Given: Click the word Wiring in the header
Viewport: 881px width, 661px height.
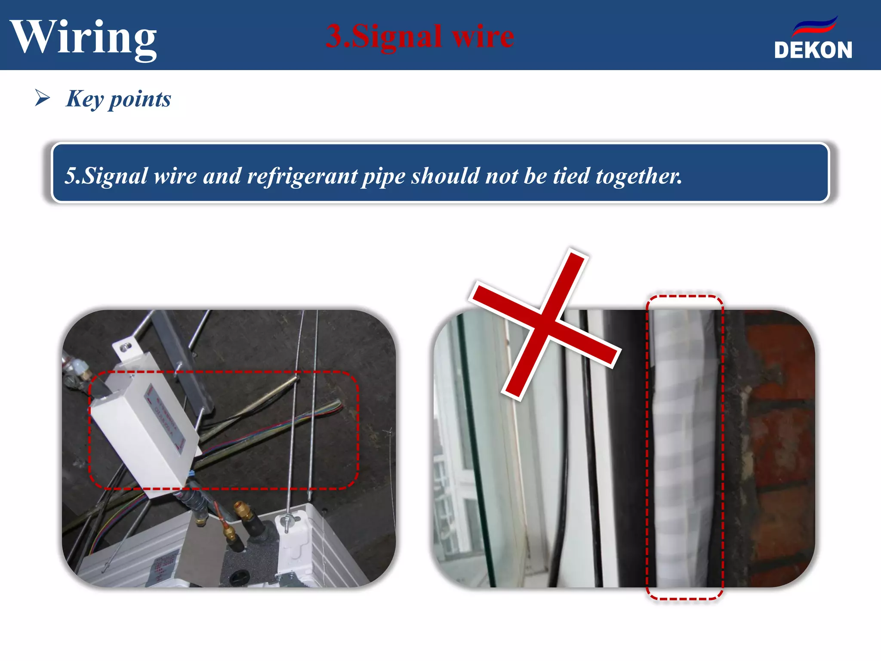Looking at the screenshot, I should click(84, 38).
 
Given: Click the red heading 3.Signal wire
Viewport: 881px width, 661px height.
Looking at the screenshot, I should click(420, 36).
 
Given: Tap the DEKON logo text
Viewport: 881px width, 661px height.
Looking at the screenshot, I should click(813, 50).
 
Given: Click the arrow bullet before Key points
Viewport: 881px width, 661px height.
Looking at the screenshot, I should click(42, 98).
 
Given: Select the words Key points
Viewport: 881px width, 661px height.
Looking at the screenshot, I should click(119, 99).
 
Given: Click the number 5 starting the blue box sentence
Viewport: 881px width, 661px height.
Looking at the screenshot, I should click(69, 176).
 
